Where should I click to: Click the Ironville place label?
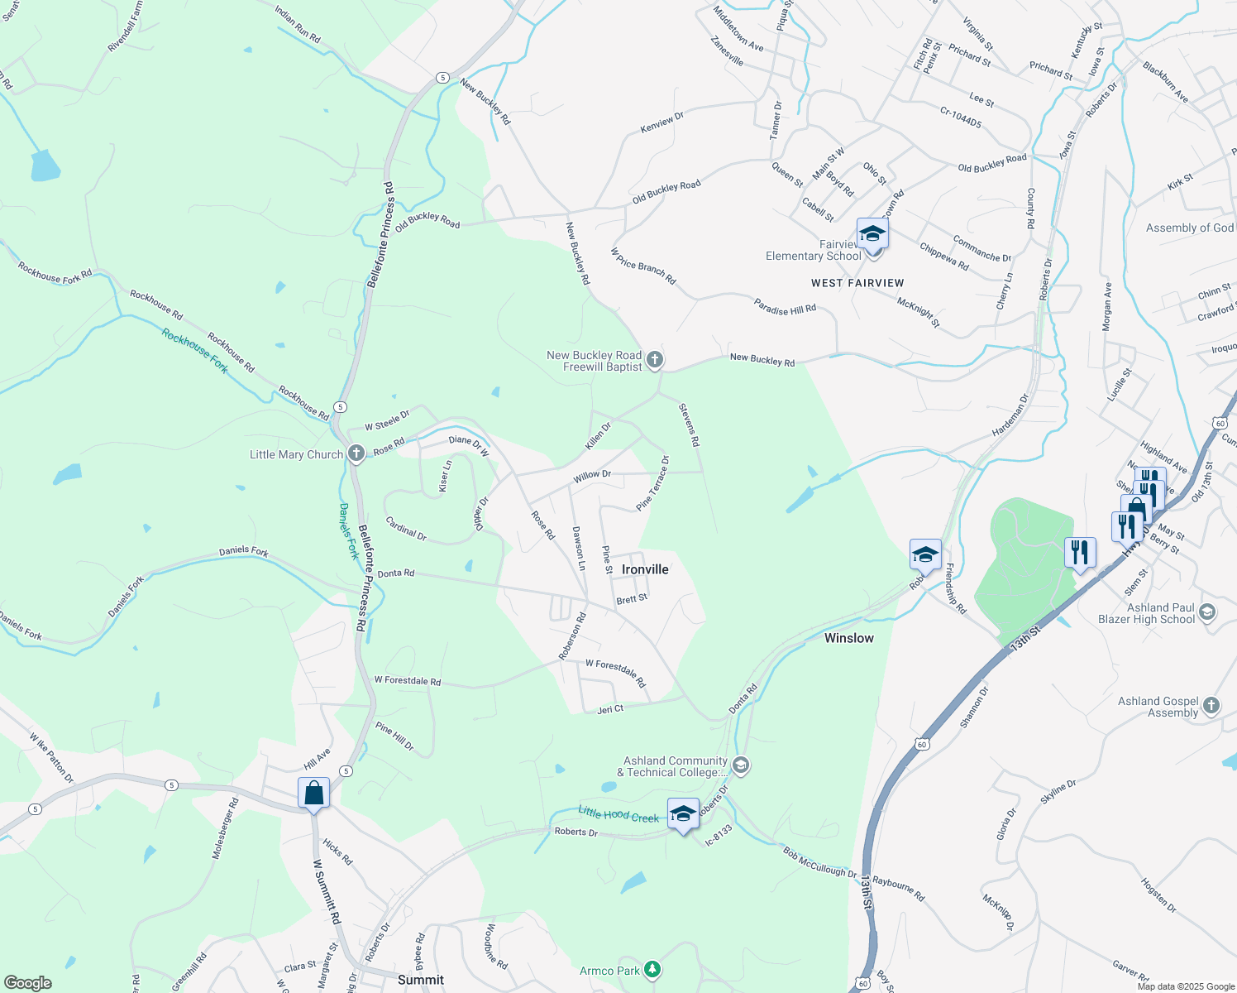(x=645, y=569)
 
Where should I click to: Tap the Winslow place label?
(x=848, y=638)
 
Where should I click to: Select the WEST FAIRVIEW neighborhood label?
(x=857, y=283)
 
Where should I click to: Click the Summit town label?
(x=420, y=980)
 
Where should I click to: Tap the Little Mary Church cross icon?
(x=356, y=453)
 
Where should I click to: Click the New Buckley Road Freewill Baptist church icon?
(x=655, y=360)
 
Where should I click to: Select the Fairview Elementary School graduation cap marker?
(x=872, y=234)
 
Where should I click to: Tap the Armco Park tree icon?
(x=653, y=969)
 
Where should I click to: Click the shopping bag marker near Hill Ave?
(x=313, y=793)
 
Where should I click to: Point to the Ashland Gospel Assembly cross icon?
(x=1211, y=706)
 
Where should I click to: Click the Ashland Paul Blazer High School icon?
(x=1207, y=612)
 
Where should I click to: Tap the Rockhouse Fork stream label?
(x=194, y=351)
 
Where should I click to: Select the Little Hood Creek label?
(x=618, y=815)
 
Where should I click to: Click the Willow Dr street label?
(x=592, y=476)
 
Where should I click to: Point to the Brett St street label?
(x=632, y=598)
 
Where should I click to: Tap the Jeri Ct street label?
(x=610, y=709)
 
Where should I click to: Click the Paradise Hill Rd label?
(x=785, y=305)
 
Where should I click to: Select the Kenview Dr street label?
(x=662, y=123)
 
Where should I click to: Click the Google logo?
(x=27, y=982)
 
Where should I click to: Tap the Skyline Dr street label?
(x=1058, y=792)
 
